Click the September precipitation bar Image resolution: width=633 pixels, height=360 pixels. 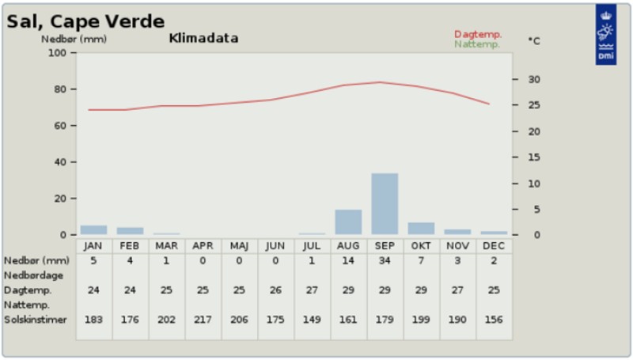pyautogui.click(x=385, y=204)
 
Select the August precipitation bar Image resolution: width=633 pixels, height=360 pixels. pyautogui.click(x=348, y=222)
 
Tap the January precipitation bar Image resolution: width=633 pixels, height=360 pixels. pyautogui.click(x=93, y=230)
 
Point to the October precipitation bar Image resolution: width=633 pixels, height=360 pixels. pyautogui.click(x=421, y=229)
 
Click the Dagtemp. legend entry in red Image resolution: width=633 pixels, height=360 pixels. pyautogui.click(x=478, y=34)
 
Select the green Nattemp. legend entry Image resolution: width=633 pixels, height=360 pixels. pyautogui.click(x=477, y=44)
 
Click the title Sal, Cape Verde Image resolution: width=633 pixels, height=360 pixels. pyautogui.click(x=85, y=21)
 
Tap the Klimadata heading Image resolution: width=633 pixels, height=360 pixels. pyautogui.click(x=203, y=38)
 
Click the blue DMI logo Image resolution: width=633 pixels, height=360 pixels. pyautogui.click(x=606, y=34)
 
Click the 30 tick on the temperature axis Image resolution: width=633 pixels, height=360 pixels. pyautogui.click(x=534, y=79)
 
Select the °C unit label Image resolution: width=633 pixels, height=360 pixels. pyautogui.click(x=533, y=41)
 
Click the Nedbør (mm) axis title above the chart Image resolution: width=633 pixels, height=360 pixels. pyautogui.click(x=74, y=39)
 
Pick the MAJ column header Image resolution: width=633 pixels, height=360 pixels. pyautogui.click(x=239, y=246)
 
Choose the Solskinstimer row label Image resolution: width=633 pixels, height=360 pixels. pyautogui.click(x=36, y=320)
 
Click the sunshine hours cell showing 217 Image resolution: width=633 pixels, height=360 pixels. pyautogui.click(x=203, y=320)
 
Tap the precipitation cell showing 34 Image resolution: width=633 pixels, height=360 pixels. pyautogui.click(x=385, y=261)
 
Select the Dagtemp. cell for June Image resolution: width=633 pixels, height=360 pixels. pyautogui.click(x=275, y=290)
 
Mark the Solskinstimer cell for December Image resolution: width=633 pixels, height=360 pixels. pyautogui.click(x=494, y=320)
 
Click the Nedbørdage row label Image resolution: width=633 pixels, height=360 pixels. pyautogui.click(x=34, y=275)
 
